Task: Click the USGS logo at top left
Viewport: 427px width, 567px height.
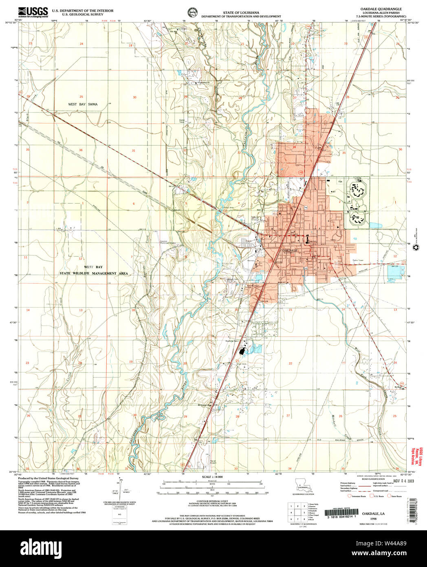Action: point(33,12)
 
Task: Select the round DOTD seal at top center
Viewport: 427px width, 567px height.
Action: point(191,12)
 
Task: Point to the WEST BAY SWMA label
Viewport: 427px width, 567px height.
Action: point(83,104)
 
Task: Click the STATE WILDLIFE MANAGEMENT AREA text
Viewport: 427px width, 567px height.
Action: point(94,273)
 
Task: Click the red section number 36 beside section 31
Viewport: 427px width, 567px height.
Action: point(81,150)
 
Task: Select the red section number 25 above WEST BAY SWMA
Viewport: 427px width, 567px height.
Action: point(81,97)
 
